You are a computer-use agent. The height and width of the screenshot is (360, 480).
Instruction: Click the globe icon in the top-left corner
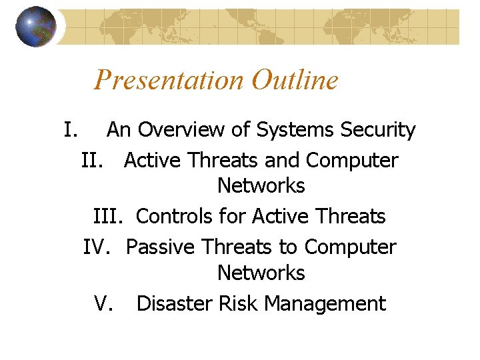pyautogui.click(x=36, y=27)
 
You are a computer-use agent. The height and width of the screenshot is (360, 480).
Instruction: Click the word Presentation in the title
pyautogui.click(x=169, y=81)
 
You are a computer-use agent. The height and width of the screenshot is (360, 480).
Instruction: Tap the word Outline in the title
pyautogui.click(x=295, y=81)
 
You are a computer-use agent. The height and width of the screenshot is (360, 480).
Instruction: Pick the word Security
pyautogui.click(x=378, y=130)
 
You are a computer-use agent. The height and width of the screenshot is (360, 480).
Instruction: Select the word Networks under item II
pyautogui.click(x=261, y=186)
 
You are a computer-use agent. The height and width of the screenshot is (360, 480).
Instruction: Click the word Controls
pyautogui.click(x=176, y=217)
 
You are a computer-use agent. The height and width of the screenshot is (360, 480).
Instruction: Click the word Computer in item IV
pyautogui.click(x=350, y=247)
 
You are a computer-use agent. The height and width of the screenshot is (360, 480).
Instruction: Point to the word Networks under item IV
pyautogui.click(x=261, y=273)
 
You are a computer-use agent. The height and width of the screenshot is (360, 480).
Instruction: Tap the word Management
pyautogui.click(x=325, y=304)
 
